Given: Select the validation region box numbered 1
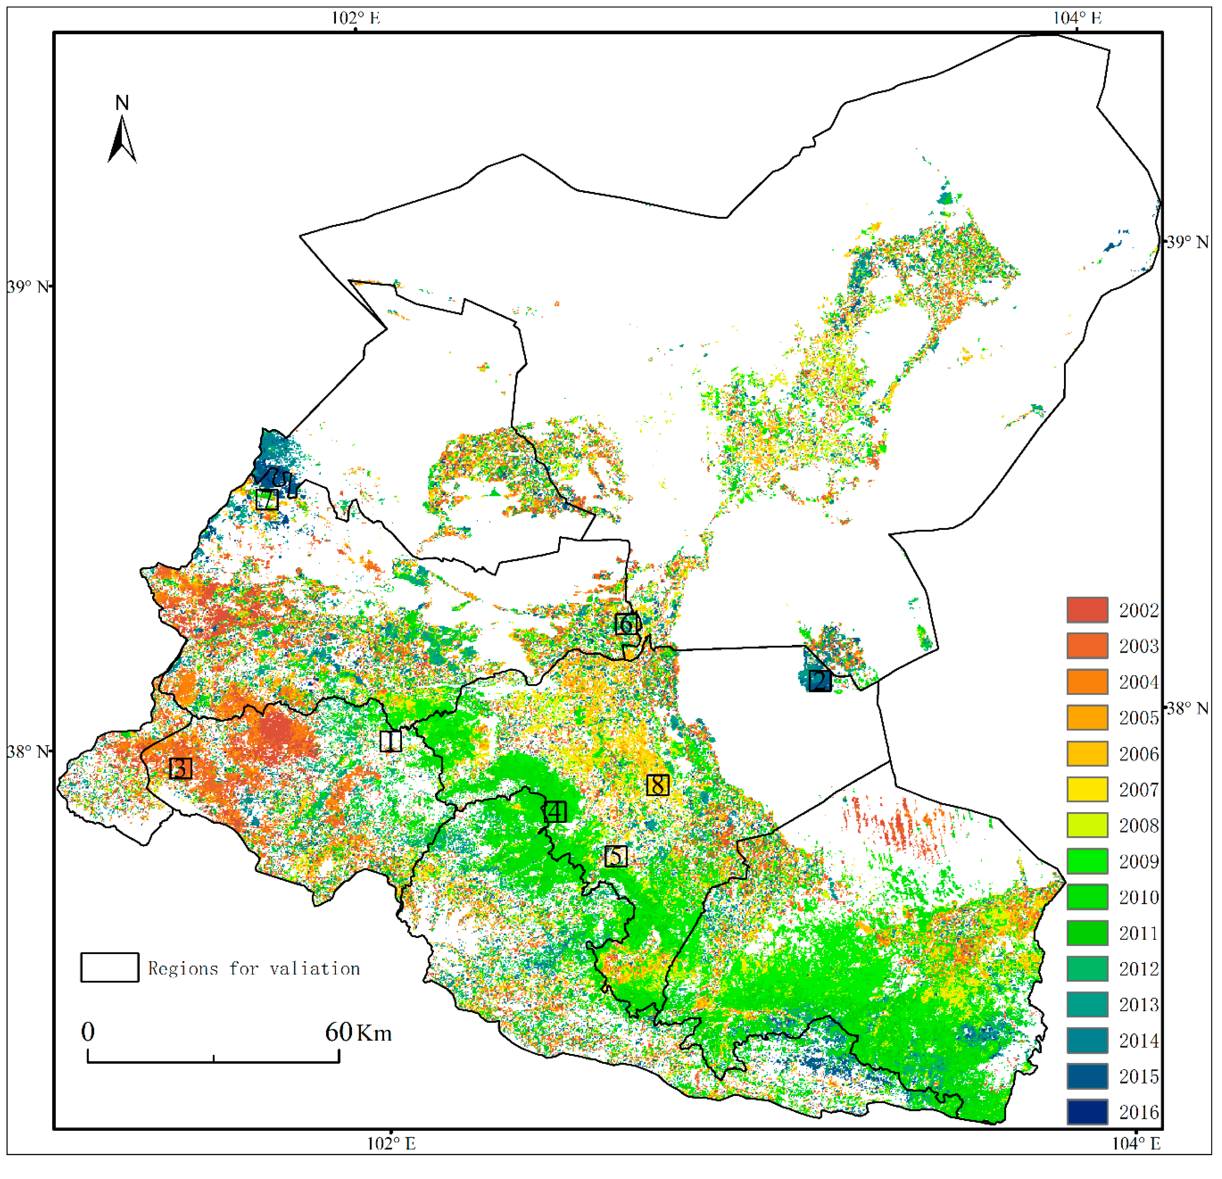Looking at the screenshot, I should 391,741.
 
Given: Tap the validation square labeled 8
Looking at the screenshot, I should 658,785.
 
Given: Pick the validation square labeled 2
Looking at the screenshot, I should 820,680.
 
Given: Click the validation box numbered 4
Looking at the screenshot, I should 555,812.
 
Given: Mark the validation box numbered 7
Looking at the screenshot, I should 267,499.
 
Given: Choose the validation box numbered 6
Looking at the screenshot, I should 627,624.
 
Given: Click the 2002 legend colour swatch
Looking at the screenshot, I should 1087,610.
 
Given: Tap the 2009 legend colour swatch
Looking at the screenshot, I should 1087,861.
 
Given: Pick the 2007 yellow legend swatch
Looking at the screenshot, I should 1087,789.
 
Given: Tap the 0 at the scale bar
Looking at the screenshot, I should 88,1032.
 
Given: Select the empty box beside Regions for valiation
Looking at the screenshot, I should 110,968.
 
